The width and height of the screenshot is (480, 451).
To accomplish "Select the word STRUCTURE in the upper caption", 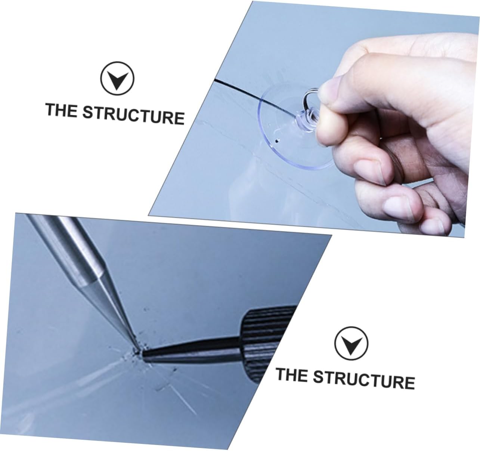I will [x=133, y=114].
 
